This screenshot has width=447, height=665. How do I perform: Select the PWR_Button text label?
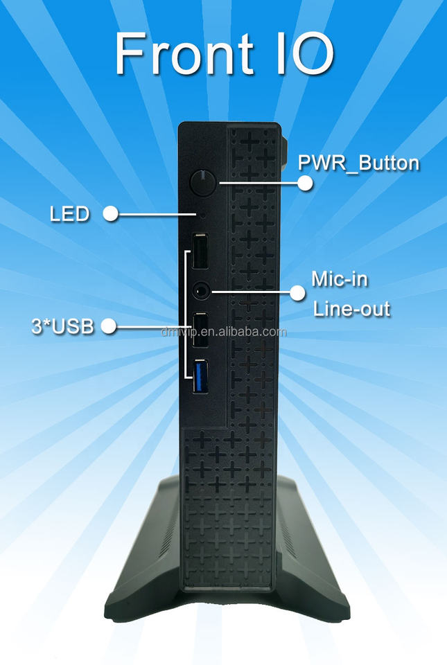(x=358, y=163)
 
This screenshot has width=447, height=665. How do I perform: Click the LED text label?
(x=69, y=214)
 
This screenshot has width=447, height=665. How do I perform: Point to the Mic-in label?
(x=339, y=279)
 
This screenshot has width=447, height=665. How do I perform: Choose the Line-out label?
(x=351, y=309)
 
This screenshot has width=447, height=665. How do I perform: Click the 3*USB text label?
(x=62, y=326)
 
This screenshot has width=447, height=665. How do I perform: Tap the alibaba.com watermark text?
(x=223, y=332)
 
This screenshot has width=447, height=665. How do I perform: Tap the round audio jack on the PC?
(x=200, y=292)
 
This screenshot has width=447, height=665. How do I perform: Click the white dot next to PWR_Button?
(x=305, y=183)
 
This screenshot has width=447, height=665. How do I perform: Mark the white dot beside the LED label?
(x=110, y=213)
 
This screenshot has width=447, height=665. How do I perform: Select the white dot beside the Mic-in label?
(x=297, y=292)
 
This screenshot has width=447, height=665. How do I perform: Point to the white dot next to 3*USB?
(x=109, y=326)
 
